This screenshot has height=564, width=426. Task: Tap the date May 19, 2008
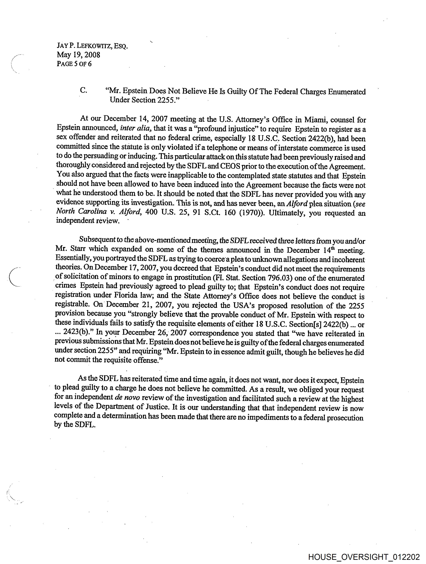click(x=78, y=55)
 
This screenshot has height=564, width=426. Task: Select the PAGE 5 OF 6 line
click(x=74, y=64)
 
